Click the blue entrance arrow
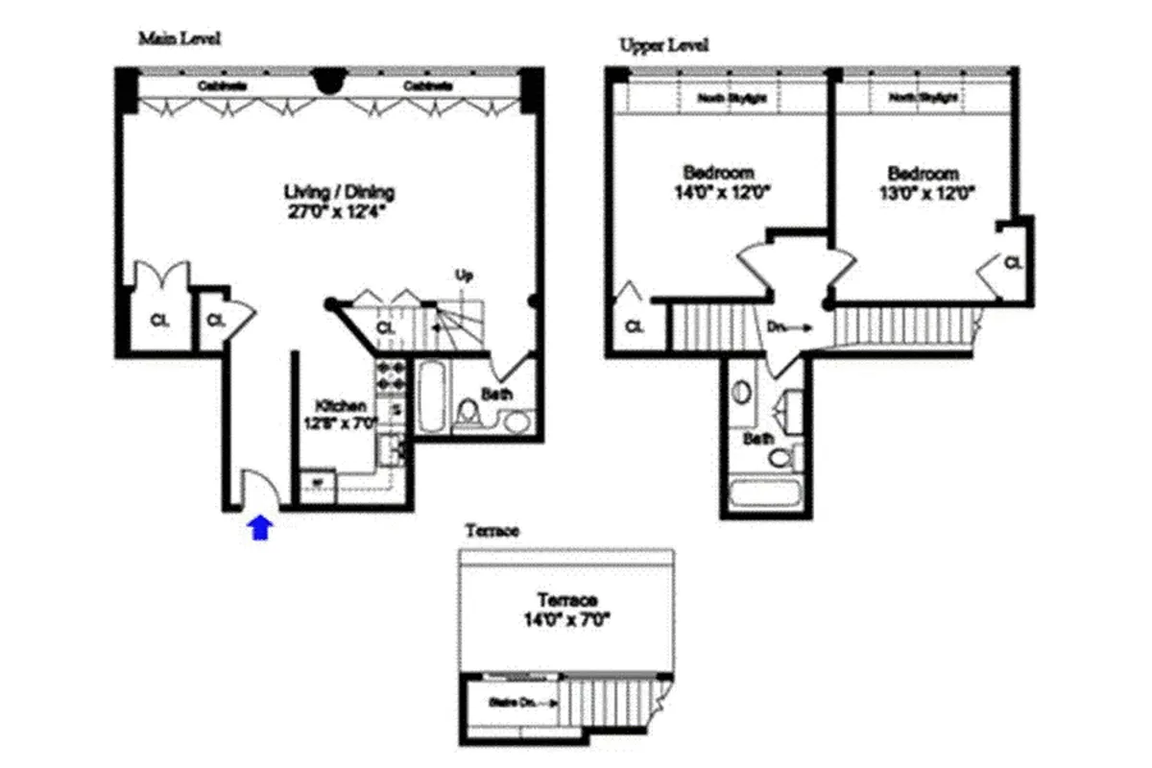[x=260, y=528]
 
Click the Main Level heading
[x=180, y=39]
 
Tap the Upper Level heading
[x=664, y=45]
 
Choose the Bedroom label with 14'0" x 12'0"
[x=717, y=173]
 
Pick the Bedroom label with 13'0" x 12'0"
[x=923, y=174]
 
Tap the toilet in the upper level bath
[x=781, y=457]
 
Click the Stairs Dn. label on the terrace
[x=513, y=703]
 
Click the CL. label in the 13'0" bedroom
[x=1013, y=261]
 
